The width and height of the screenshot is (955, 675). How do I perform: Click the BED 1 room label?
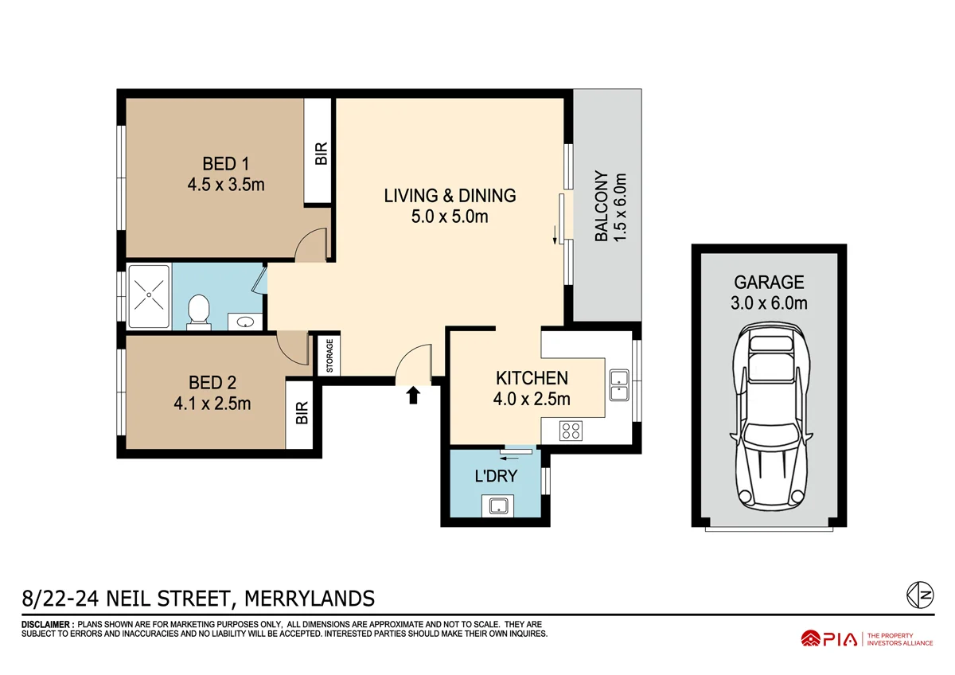click(225, 164)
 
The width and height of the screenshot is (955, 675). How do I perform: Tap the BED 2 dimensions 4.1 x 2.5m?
click(212, 404)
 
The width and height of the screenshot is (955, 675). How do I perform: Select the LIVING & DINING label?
click(450, 195)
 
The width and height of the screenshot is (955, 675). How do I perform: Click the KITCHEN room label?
click(532, 378)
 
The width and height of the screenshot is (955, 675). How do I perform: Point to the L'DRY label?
click(496, 478)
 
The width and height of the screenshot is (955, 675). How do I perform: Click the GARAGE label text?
click(769, 282)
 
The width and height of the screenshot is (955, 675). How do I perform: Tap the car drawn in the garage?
click(770, 418)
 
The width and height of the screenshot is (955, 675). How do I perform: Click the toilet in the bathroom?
click(199, 311)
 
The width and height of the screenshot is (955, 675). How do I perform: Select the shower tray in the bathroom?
click(149, 296)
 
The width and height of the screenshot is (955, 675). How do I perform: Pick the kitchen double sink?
click(618, 385)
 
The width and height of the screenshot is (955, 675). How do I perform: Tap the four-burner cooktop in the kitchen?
click(571, 431)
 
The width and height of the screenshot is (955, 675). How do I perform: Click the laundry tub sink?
click(499, 505)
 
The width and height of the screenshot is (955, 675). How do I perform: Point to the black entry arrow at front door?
click(413, 396)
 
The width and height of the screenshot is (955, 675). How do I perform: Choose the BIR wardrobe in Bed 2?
click(302, 413)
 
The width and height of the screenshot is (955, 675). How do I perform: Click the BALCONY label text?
click(610, 206)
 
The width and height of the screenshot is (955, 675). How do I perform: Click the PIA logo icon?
click(810, 638)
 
